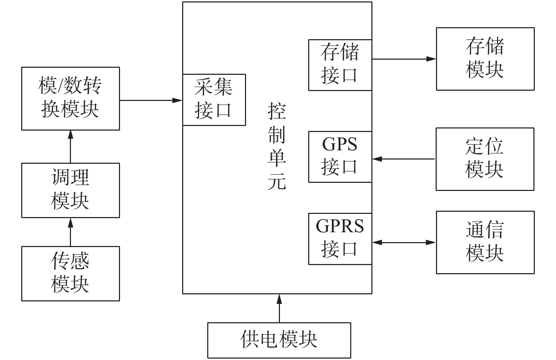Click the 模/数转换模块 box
pos(71,98)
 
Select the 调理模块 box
pos(71,190)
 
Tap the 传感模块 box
pos(71,274)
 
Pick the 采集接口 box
pos(214,100)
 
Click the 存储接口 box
pos(340,65)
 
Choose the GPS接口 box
pos(340,157)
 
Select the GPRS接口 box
pos(340,239)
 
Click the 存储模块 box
pos(485,59)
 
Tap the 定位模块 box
pos(485,159)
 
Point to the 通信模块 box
pos(485,242)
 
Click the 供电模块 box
pos(279,340)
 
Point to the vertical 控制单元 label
pos(276,146)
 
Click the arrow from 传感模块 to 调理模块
pos(71,232)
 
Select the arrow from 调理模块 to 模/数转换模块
pos(71,146)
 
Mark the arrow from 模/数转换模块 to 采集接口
pos(151,101)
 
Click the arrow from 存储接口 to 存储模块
pos(404,59)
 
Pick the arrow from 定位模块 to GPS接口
pos(404,159)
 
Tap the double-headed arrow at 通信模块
pos(404,242)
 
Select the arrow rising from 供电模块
pos(279,308)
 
